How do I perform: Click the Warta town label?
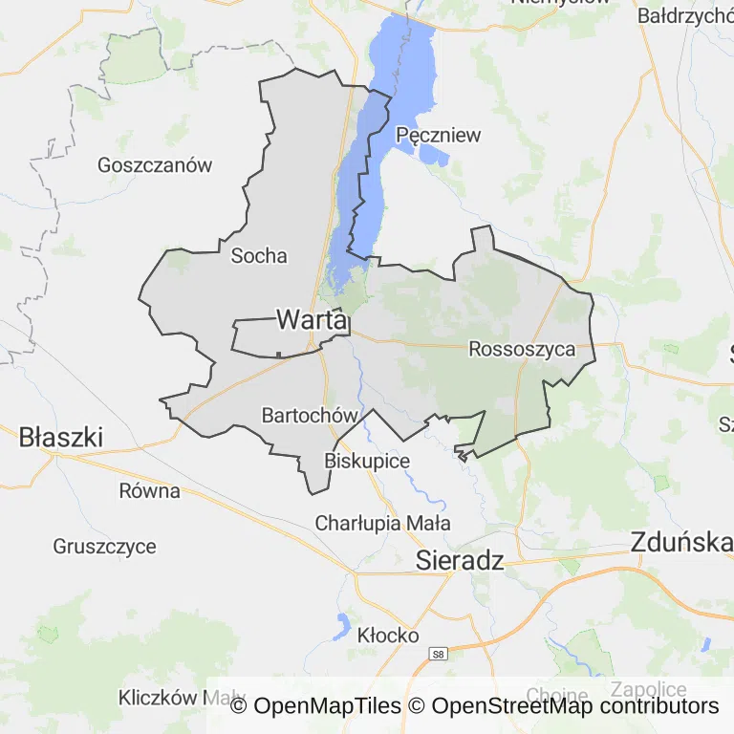pos(311,320)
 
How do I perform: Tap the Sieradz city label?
pos(460,561)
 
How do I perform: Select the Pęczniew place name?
pos(438,135)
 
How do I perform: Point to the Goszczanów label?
pos(155,164)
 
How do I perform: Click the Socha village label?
pos(259,255)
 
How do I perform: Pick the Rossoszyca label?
pos(522,349)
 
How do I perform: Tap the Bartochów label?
pos(310,415)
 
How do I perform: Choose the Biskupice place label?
pos(367,461)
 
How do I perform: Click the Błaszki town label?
pos(61,438)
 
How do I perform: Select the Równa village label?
pos(150,491)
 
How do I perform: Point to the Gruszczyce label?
pos(105,547)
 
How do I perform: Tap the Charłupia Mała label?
pos(382,523)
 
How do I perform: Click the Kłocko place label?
pos(388,635)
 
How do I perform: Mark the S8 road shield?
pos(438,654)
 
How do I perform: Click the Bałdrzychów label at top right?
pos(684,16)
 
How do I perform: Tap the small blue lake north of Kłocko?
pos(340,626)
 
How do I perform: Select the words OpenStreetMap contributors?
pos(574,706)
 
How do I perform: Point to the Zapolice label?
pos(649,690)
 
